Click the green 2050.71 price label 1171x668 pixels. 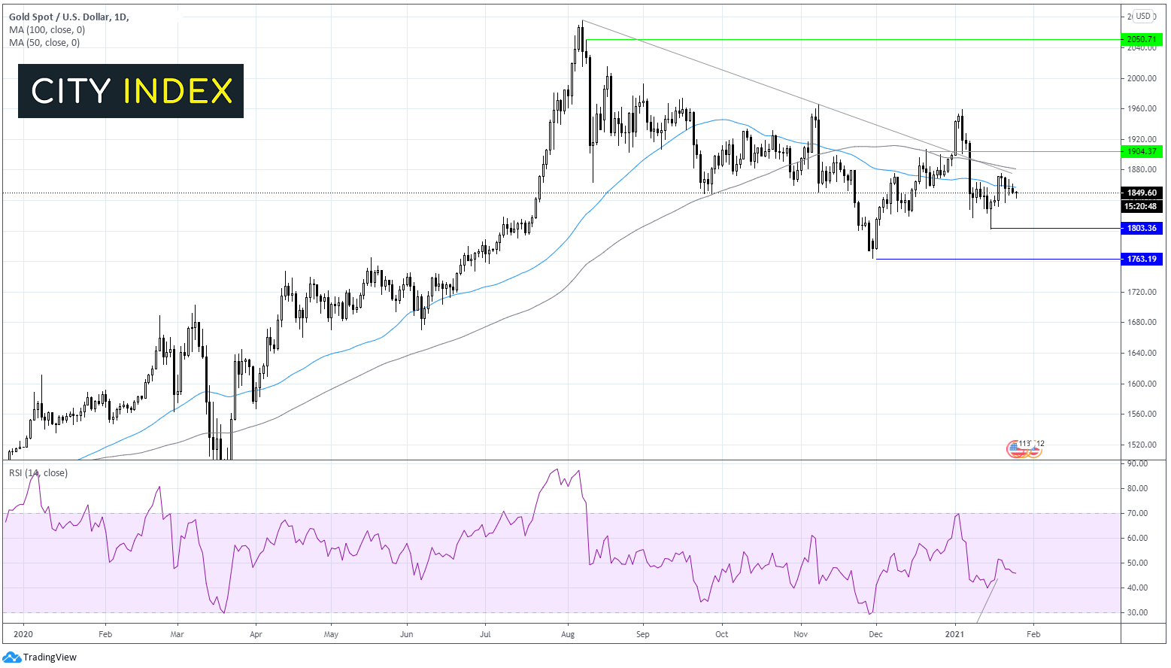click(1141, 39)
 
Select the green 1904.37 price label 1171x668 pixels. click(1141, 151)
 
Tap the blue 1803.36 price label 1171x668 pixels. click(1141, 228)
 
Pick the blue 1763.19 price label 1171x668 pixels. click(1141, 259)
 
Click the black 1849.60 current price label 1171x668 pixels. click(1141, 193)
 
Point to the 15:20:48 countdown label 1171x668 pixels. click(1141, 206)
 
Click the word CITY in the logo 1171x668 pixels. click(71, 92)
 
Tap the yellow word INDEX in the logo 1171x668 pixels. click(178, 92)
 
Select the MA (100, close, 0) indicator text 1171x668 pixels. click(47, 30)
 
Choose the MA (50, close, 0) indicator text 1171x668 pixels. click(44, 43)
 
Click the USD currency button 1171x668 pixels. click(1143, 16)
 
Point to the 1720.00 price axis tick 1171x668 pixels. click(1141, 292)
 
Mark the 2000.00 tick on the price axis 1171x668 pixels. click(1141, 78)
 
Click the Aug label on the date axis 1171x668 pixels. click(568, 634)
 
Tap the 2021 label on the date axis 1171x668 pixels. click(955, 634)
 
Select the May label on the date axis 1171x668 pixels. click(331, 634)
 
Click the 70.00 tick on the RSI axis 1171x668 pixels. click(1137, 513)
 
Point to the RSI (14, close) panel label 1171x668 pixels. click(38, 473)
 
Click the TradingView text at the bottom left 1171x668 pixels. click(50, 657)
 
